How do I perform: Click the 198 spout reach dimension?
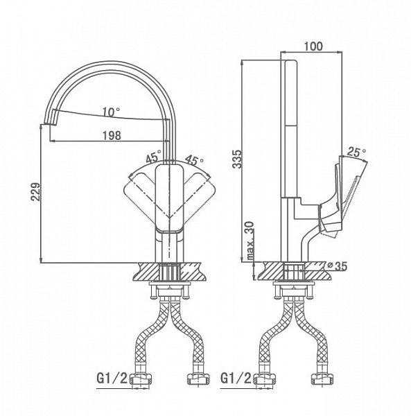pyautogui.click(x=112, y=136)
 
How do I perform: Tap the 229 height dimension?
pyautogui.click(x=36, y=191)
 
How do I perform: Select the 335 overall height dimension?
pyautogui.click(x=237, y=159)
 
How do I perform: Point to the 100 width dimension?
pyautogui.click(x=313, y=46)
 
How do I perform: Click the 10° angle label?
pyautogui.click(x=112, y=112)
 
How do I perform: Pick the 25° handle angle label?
pyautogui.click(x=357, y=153)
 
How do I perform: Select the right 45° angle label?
pyautogui.click(x=194, y=159)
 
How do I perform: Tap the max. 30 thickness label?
pyautogui.click(x=250, y=241)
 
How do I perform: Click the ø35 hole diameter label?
pyautogui.click(x=338, y=266)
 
